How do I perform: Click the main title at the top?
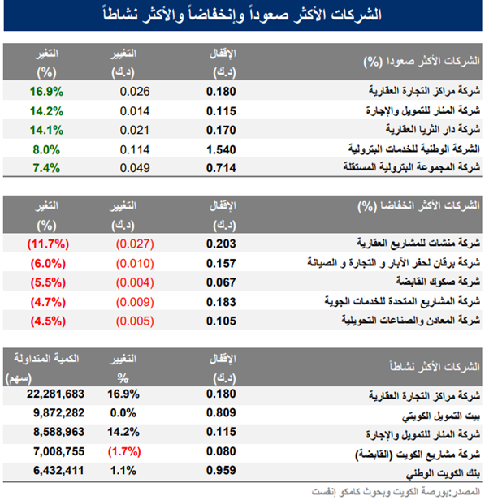click(244, 15)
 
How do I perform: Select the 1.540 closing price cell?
click(221, 149)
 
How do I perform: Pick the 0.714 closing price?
click(221, 168)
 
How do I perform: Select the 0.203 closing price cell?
click(221, 243)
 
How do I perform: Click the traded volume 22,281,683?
click(55, 394)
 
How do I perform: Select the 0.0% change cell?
click(123, 413)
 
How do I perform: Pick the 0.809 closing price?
click(221, 413)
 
